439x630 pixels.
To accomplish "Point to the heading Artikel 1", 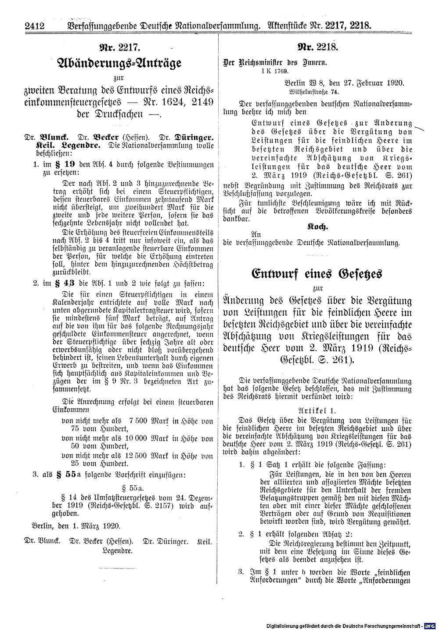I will pos(315,409).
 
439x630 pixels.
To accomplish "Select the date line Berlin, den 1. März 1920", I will pos(73,526).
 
